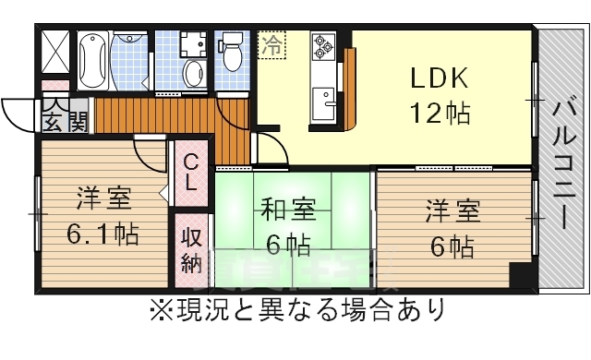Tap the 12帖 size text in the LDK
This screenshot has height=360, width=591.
(x=440, y=115)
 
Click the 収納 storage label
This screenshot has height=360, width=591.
(x=190, y=250)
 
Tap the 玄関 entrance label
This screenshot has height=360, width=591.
(x=64, y=121)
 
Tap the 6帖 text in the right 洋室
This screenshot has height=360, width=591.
(x=452, y=247)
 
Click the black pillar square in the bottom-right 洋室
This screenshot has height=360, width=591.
(x=521, y=275)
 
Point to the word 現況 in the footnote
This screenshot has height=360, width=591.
(x=190, y=308)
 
